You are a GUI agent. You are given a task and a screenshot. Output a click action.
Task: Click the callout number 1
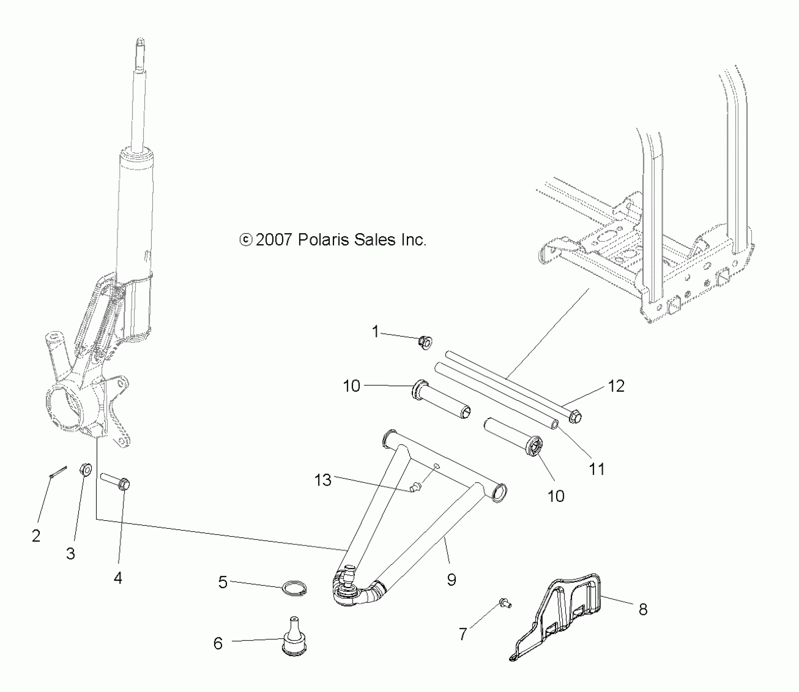[375, 331]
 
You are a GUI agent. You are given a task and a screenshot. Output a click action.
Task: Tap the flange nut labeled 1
[425, 343]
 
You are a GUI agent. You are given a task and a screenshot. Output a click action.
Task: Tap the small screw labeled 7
[505, 603]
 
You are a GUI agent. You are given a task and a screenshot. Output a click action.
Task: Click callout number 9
[452, 580]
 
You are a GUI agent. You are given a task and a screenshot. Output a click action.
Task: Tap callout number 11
[597, 469]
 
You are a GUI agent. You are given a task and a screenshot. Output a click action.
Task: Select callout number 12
[616, 386]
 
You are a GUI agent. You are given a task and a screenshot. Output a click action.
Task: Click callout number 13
[323, 480]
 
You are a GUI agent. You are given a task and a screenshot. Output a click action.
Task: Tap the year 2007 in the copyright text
[274, 240]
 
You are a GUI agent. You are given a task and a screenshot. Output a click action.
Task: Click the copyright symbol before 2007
[246, 240]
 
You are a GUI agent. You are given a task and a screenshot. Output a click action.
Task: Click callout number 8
[643, 609]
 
